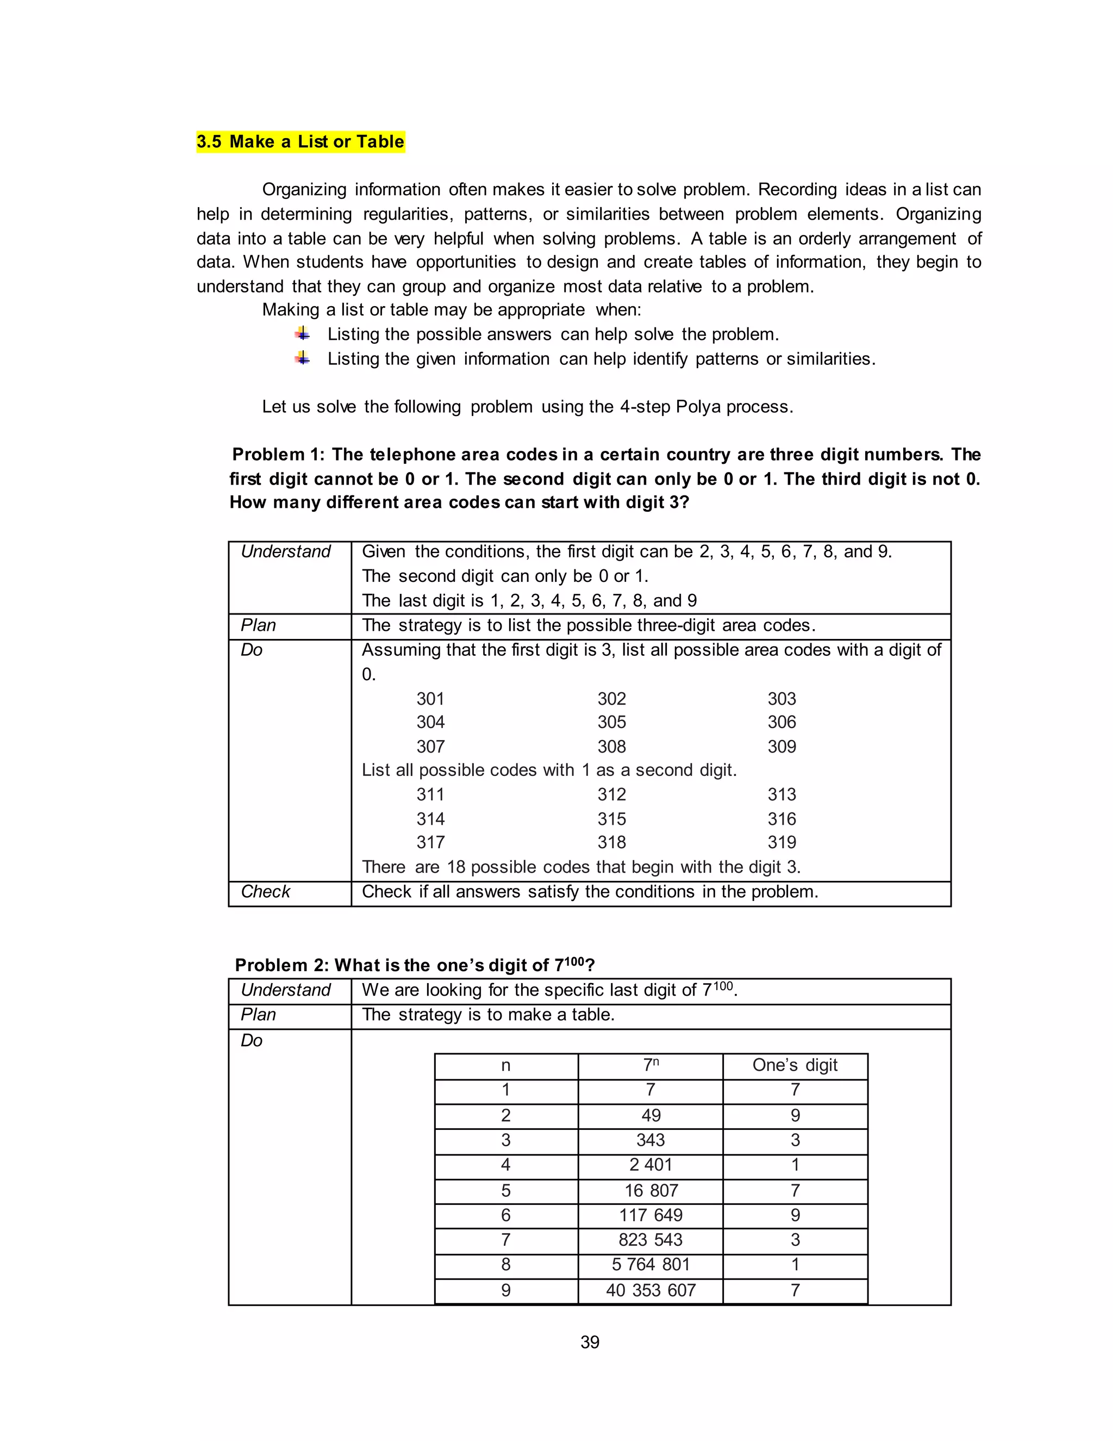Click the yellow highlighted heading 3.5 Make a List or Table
coord(301,142)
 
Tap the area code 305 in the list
coord(611,722)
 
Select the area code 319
coord(781,842)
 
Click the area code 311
coord(430,794)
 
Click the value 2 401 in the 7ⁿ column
coord(650,1165)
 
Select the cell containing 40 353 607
coord(650,1290)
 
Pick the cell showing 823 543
coord(650,1240)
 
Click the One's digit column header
coord(795,1065)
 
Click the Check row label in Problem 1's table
coord(265,891)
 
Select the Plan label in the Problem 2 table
coord(258,1014)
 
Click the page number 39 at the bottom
coord(590,1342)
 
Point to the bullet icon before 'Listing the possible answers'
coord(302,334)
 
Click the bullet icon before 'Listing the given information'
coord(302,358)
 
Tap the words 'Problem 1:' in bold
coord(278,455)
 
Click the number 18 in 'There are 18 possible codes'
coord(457,867)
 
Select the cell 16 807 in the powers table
coord(650,1190)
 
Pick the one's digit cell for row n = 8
coord(795,1264)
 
